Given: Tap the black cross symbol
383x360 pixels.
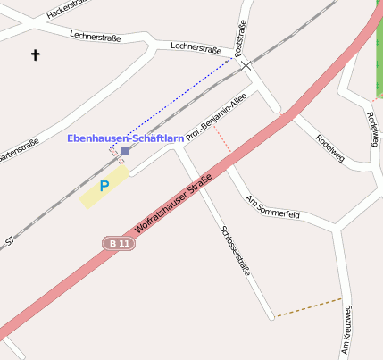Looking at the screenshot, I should pos(36,55).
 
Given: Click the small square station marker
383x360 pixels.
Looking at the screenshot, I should pos(125,151).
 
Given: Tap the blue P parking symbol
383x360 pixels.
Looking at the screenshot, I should pos(104,186).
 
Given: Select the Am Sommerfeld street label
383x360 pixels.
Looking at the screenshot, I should pos(272,208).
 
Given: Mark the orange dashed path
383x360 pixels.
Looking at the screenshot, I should pos(308,306).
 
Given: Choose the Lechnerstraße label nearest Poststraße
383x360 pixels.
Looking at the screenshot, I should pos(196,48).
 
